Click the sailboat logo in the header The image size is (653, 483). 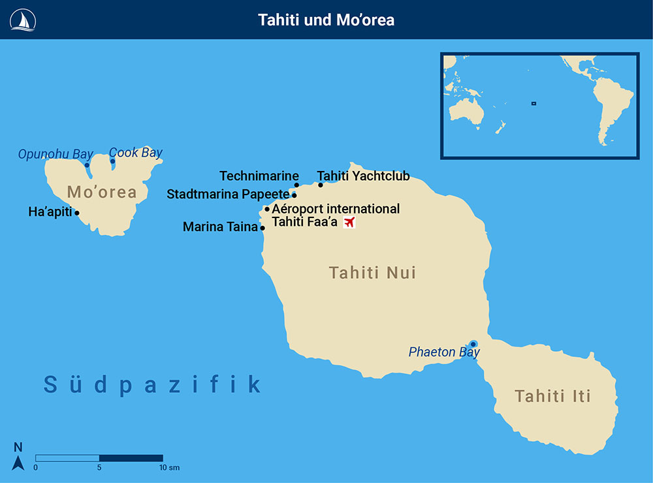22,20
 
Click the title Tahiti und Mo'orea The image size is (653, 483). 326,20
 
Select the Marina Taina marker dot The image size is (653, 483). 263,228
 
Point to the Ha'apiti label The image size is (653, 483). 50,212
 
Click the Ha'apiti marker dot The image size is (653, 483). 77,213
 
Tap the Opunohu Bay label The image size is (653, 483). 56,155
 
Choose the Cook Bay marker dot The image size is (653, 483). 112,161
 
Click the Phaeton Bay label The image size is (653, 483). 444,352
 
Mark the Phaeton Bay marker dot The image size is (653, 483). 473,344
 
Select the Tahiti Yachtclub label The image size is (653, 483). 363,176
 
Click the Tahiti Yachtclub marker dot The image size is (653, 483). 321,185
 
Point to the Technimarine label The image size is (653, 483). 259,176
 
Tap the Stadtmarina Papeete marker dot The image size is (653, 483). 295,195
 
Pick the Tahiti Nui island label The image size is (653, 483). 372,273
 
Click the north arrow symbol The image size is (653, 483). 18,462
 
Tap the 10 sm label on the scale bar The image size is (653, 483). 168,468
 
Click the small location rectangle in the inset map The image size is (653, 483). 534,102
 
